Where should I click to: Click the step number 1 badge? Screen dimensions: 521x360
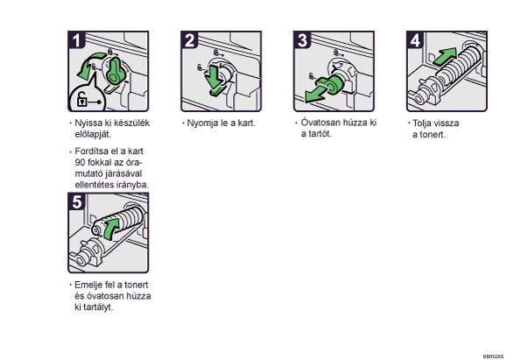point(76,40)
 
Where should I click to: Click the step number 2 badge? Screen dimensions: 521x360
point(189,40)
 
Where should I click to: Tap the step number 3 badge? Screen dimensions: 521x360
point(302,40)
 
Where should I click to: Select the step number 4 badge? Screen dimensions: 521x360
point(415,40)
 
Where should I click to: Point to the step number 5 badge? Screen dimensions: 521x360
point(76,201)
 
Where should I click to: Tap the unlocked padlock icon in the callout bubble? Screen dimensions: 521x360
point(82,99)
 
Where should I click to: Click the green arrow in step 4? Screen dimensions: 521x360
point(445,56)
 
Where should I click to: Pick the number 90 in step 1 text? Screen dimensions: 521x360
point(80,163)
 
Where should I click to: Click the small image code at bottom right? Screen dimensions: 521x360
point(493,356)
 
